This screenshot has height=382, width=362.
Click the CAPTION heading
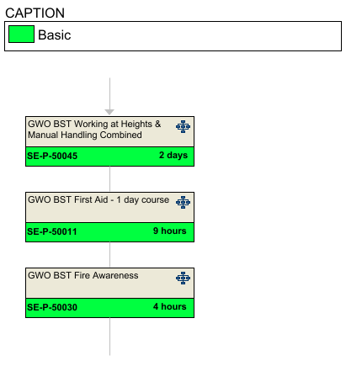point(35,13)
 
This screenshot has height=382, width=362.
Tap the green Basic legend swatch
point(21,34)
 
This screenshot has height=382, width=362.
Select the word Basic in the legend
point(55,35)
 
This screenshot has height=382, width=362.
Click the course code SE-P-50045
point(52,156)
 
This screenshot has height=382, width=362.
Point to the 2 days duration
point(173,155)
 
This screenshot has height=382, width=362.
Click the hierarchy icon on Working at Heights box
point(183,126)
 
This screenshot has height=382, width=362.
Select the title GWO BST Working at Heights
point(94,124)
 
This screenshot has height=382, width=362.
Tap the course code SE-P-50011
point(52,231)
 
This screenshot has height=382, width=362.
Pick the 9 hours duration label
point(170,231)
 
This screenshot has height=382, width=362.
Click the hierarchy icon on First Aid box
point(183,202)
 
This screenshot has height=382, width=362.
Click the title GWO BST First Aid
point(68,199)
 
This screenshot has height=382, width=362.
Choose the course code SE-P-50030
point(52,307)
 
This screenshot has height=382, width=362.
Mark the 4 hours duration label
point(170,306)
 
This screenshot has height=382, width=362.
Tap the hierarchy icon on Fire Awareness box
point(183,278)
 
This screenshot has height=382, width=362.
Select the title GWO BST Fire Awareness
point(83,275)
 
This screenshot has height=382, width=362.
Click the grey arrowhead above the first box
point(109,112)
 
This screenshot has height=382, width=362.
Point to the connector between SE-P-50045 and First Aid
point(109,179)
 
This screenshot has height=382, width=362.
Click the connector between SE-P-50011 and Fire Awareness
point(109,255)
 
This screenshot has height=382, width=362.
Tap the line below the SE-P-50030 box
point(109,337)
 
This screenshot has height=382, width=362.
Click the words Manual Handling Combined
point(85,135)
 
